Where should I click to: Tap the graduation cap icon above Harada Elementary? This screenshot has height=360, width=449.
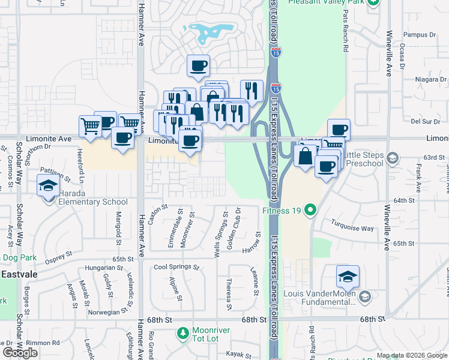(48, 185)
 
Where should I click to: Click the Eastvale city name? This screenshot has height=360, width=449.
(19, 274)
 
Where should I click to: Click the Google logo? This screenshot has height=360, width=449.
(20, 353)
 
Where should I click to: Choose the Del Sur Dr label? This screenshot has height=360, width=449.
(422, 121)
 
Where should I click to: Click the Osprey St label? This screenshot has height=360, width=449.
(58, 256)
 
